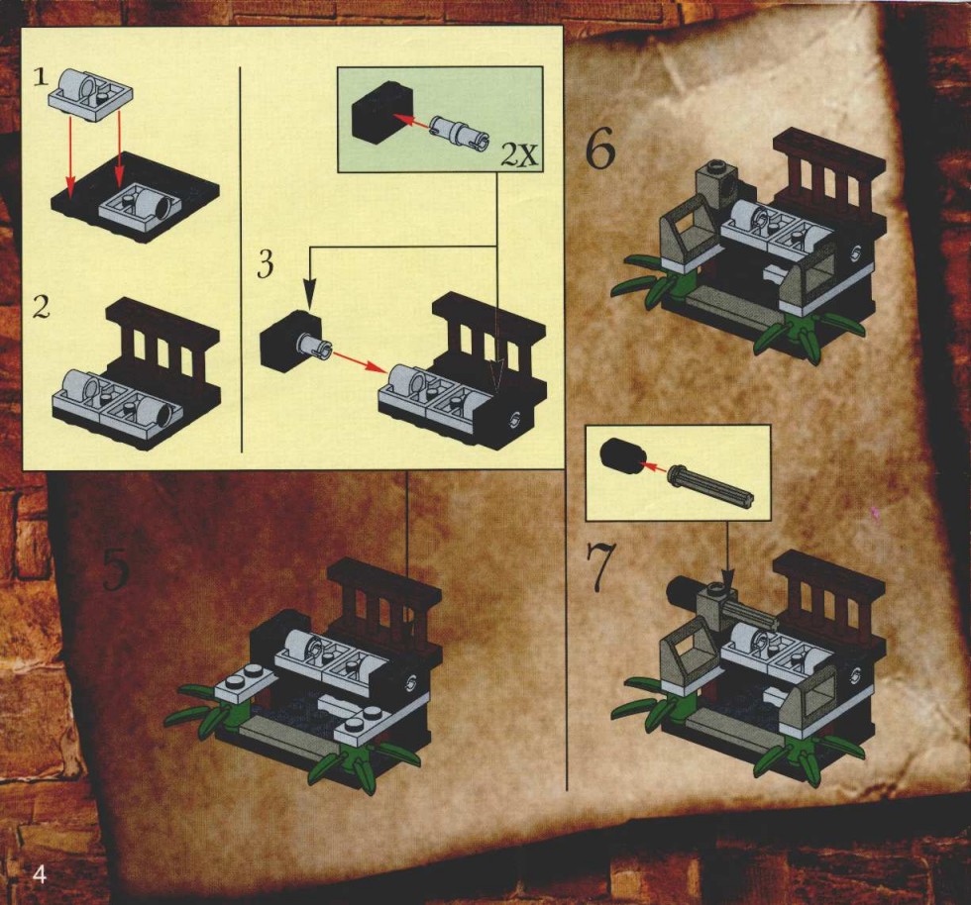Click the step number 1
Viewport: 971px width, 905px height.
pyautogui.click(x=41, y=77)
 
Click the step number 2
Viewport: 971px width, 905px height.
pyautogui.click(x=41, y=307)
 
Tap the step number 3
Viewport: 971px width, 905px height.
pyautogui.click(x=266, y=265)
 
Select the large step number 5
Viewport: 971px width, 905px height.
pyautogui.click(x=116, y=568)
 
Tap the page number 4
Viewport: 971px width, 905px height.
pyautogui.click(x=39, y=875)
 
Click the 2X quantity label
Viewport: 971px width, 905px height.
pyautogui.click(x=519, y=156)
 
